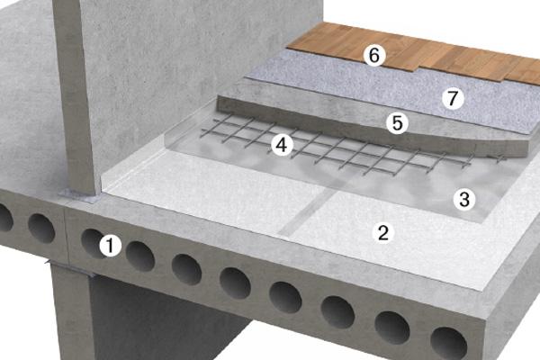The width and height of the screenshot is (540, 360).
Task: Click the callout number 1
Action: click(x=110, y=246)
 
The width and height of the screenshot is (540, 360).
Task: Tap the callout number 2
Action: click(x=383, y=232)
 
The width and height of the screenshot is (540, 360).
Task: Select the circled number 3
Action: click(x=464, y=199)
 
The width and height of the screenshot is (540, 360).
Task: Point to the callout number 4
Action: click(x=282, y=145)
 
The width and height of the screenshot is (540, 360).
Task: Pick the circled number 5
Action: click(x=398, y=123)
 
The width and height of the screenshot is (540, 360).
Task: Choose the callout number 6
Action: click(x=374, y=55)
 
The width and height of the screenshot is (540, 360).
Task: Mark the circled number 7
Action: click(x=453, y=98)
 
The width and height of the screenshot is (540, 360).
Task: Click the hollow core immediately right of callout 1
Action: click(x=139, y=256)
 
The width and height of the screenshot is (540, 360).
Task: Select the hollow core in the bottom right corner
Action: click(x=449, y=344)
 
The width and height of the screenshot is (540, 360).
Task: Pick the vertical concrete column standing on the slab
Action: click(x=74, y=96)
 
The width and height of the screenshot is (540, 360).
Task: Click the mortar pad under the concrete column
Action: click(x=79, y=197)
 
